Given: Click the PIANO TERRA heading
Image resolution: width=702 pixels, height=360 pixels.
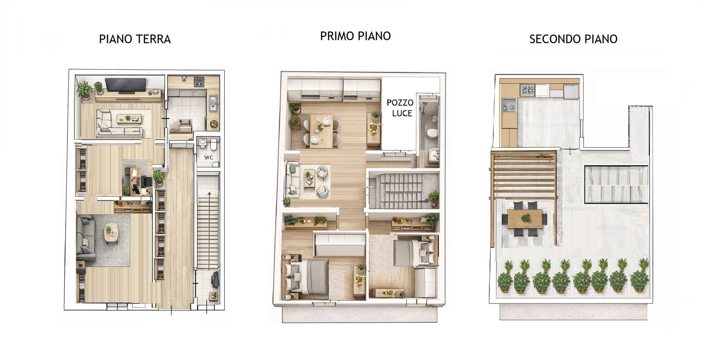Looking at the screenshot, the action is click(135, 39).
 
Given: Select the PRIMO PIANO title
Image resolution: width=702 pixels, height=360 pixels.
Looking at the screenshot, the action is click(355, 36).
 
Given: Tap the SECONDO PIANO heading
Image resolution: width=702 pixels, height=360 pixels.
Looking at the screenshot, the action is click(573, 39).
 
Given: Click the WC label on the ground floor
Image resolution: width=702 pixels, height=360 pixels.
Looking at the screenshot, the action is click(208, 158).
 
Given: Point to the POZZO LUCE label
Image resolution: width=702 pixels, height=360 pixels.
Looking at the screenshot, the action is click(400, 108).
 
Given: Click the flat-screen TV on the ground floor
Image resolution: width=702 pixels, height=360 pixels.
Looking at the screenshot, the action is click(126, 86).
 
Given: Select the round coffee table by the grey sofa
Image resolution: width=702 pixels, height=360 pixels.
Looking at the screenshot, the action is click(111, 232).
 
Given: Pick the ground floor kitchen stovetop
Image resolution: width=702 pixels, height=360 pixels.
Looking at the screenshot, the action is click(199, 82).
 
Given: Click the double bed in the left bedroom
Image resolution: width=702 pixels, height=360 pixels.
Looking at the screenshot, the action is click(307, 277).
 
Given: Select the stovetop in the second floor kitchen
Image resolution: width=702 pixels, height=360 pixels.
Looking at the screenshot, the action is click(527, 91).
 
